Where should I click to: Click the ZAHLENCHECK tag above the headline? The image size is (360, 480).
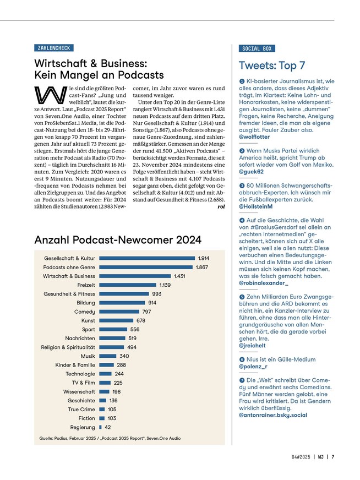54,48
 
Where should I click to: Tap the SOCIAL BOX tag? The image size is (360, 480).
257,48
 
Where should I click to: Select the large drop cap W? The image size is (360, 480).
51,95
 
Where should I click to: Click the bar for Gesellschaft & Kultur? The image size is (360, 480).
147,258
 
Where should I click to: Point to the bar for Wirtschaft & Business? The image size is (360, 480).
135,276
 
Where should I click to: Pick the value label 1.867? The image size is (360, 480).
201,267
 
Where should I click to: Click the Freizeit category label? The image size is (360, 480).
86,285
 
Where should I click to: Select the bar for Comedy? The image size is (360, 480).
119,312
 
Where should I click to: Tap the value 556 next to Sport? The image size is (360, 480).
135,329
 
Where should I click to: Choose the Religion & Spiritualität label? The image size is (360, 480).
68,347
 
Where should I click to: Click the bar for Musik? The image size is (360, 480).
108,356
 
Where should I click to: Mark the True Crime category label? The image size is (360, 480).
81,410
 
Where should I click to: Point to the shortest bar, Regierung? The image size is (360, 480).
100,427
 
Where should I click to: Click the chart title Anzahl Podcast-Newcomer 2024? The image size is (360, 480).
118,239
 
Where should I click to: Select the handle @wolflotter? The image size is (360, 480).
254,137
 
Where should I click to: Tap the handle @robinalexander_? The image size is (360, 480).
264,283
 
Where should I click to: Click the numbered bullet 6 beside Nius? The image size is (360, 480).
242,359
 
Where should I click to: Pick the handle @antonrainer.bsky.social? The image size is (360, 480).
273,416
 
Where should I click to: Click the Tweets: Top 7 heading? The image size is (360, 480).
272,66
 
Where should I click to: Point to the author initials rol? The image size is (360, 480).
221,207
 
